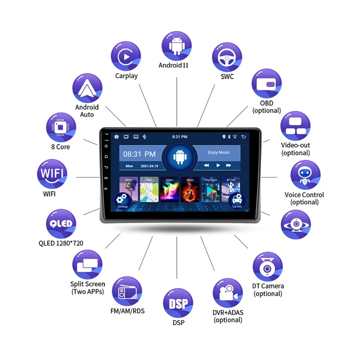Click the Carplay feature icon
tap(126, 56)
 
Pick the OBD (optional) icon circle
tap(266, 84)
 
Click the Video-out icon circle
tap(296, 126)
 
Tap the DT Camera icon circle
tap(268, 267)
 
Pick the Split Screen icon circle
tap(87, 265)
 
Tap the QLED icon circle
tap(61, 224)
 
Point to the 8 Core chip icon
tap(61, 127)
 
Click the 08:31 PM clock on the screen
tap(139, 154)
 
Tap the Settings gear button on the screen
tap(122, 200)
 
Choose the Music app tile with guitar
tap(190, 189)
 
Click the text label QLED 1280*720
tap(61, 243)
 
